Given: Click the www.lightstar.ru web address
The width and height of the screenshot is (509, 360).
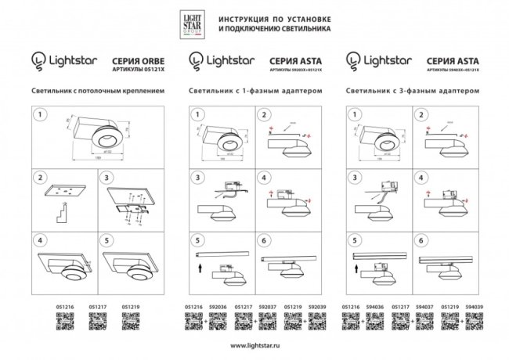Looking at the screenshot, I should pos(255,345).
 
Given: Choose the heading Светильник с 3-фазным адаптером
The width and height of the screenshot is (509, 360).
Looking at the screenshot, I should pos(413,91).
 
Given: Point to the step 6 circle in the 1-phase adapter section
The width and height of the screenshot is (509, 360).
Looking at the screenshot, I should pos(265,240).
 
